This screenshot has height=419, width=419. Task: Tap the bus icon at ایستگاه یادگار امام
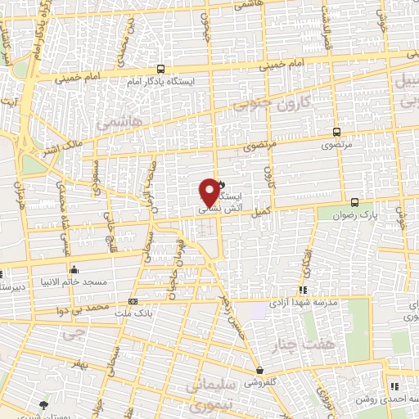click(160, 70)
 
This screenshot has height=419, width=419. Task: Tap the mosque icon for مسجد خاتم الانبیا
click(74, 268)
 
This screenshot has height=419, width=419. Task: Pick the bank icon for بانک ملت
click(133, 301)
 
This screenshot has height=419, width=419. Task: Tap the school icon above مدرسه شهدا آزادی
click(303, 289)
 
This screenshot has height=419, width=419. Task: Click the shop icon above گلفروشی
click(259, 370)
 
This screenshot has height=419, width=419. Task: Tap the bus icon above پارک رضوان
click(354, 202)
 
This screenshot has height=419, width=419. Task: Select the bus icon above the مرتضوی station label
click(336, 132)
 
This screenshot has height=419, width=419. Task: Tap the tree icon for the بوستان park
click(43, 403)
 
